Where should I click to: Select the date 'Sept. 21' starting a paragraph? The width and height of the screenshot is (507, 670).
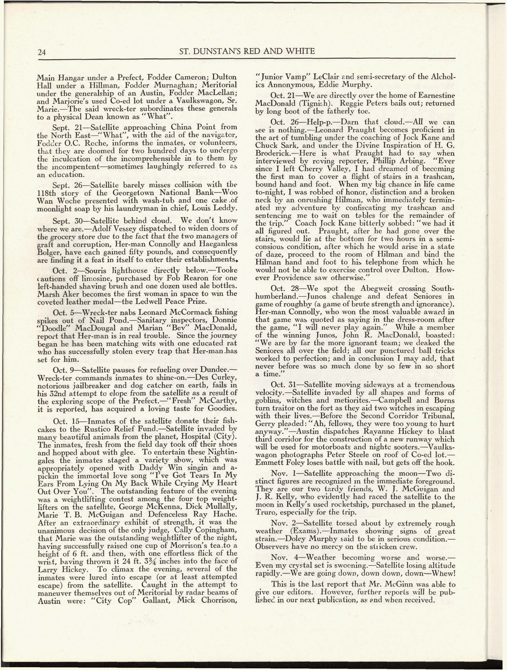66,127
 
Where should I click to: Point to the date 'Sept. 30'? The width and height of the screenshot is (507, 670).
66,221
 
